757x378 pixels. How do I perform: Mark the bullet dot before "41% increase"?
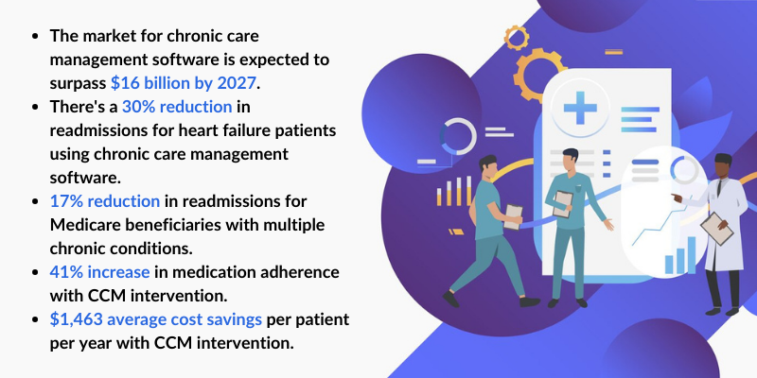coord(36,272)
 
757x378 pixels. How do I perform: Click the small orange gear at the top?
coord(517,37)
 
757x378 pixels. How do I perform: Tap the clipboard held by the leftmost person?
coord(512,215)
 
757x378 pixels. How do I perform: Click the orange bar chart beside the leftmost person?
coord(454,192)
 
